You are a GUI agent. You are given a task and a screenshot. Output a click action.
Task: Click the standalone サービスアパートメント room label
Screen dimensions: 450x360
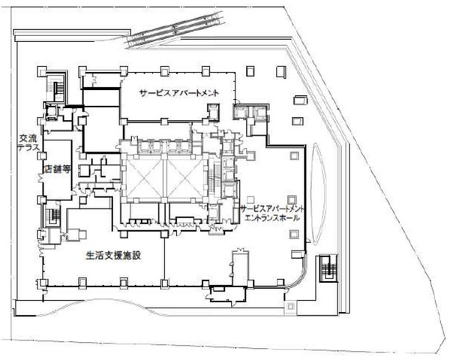tap(178, 93)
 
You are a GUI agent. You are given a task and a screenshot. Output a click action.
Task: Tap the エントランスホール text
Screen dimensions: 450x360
tap(271, 218)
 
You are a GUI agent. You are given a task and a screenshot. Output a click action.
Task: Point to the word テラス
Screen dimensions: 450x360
tap(28, 148)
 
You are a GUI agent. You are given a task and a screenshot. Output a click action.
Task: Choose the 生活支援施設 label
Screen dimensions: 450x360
tap(114, 255)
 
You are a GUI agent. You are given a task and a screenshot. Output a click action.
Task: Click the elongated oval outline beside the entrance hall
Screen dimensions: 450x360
tap(318, 193)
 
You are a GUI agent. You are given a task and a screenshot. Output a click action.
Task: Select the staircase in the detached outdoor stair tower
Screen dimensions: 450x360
tap(328, 268)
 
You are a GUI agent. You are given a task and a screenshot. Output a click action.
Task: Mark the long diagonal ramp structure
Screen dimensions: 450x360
tap(175, 28)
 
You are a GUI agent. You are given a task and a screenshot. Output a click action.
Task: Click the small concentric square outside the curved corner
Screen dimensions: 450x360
tap(290, 306)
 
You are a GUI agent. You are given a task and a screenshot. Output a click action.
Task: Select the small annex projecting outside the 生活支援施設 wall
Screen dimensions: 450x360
tap(227, 294)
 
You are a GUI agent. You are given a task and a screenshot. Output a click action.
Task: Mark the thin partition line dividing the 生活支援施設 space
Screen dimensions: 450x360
tap(164, 258)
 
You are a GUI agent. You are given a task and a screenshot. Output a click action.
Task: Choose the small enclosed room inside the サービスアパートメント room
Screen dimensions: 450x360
tap(214, 112)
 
